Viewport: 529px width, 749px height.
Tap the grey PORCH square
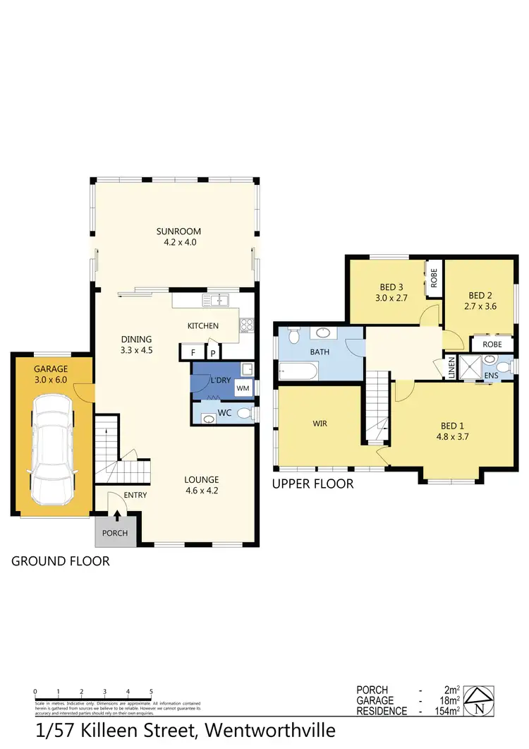coord(115,533)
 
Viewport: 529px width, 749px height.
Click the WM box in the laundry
coord(243,388)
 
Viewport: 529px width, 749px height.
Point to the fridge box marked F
coord(192,352)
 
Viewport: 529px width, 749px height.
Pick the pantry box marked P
coord(212,352)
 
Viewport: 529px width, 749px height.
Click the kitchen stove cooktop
coord(247,325)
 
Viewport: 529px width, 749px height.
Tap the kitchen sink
coord(217,301)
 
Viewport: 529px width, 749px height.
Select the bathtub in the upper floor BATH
coord(298,369)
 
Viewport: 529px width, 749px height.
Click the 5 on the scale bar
coord(151,692)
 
